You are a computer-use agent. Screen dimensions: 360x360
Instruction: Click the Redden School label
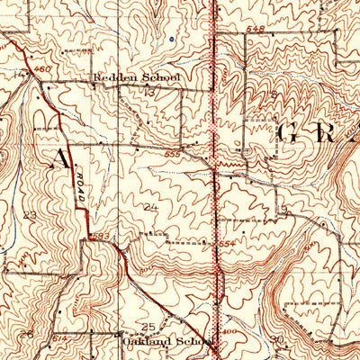(137, 78)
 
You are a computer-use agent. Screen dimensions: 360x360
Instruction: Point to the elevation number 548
(256, 31)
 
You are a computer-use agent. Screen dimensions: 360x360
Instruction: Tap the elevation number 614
(58, 336)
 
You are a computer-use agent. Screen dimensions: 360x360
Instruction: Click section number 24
(150, 208)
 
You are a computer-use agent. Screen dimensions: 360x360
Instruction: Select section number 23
(30, 215)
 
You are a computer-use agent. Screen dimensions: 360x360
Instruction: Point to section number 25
(149, 326)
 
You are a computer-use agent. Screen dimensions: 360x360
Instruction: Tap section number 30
(275, 339)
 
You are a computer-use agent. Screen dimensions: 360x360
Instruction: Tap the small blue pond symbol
(169, 40)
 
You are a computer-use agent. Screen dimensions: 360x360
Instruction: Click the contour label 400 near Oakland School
(233, 332)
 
